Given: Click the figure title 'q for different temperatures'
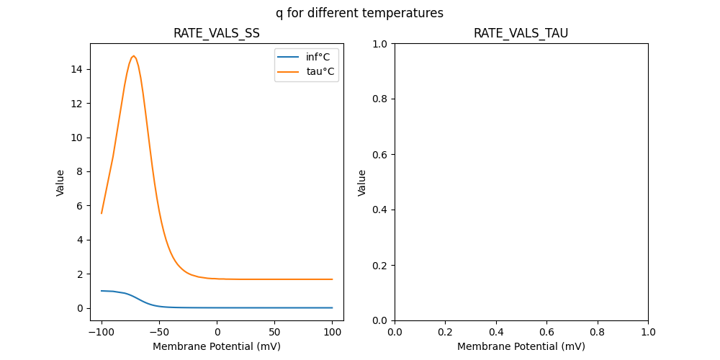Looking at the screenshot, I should coord(359,13).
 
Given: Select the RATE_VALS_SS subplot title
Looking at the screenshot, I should coord(217,33).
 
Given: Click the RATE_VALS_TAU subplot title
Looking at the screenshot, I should coord(521,33).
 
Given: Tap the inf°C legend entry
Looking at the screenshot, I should coord(320,57).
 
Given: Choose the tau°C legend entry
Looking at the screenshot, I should coord(320,71).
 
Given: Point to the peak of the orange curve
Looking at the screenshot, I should coord(133,56).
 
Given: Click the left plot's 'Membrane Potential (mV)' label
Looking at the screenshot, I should coord(217,346).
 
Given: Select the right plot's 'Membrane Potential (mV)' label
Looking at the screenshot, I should coord(521,346).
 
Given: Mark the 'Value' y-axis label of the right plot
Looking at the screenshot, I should coord(362,182).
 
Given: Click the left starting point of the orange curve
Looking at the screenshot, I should coord(102,213).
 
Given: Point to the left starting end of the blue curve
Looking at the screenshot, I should coord(102,291).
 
